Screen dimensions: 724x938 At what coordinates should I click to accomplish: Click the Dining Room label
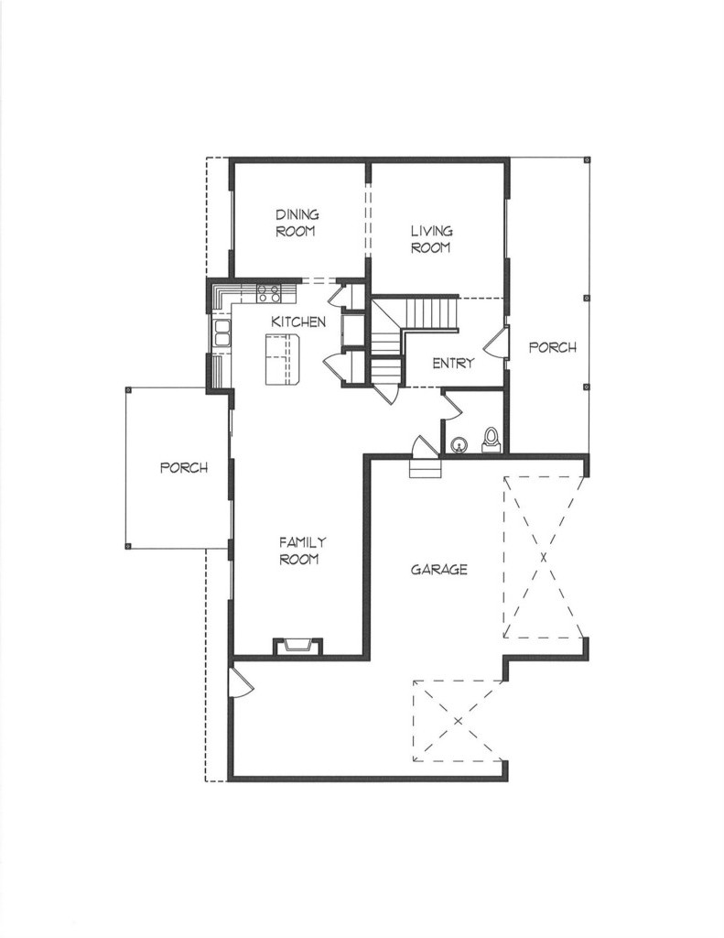click(x=297, y=223)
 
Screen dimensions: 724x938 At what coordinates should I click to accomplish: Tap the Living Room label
click(x=431, y=239)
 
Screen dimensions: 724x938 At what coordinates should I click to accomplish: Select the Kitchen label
click(x=298, y=322)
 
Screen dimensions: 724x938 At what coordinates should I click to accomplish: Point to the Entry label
click(x=453, y=363)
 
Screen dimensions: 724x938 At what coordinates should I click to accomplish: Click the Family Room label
click(x=303, y=551)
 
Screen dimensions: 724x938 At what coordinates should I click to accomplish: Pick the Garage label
click(x=438, y=570)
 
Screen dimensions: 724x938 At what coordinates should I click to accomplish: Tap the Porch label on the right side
click(x=553, y=347)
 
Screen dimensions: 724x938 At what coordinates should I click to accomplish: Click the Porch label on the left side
click(x=184, y=468)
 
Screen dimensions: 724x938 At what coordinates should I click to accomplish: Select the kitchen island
click(x=282, y=359)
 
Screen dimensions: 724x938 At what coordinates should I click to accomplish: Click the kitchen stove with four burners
click(x=268, y=292)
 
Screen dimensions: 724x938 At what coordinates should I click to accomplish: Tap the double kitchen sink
click(x=222, y=333)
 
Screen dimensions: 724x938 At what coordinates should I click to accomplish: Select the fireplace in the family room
click(x=297, y=647)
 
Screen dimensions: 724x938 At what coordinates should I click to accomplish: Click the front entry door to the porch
click(x=496, y=344)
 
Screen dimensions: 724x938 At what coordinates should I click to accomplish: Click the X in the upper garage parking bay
click(x=544, y=558)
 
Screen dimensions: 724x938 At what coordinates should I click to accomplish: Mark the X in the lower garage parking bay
click(x=458, y=721)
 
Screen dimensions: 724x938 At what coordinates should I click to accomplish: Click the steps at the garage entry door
click(x=425, y=468)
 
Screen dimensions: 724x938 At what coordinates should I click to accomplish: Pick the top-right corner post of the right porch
click(x=587, y=159)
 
